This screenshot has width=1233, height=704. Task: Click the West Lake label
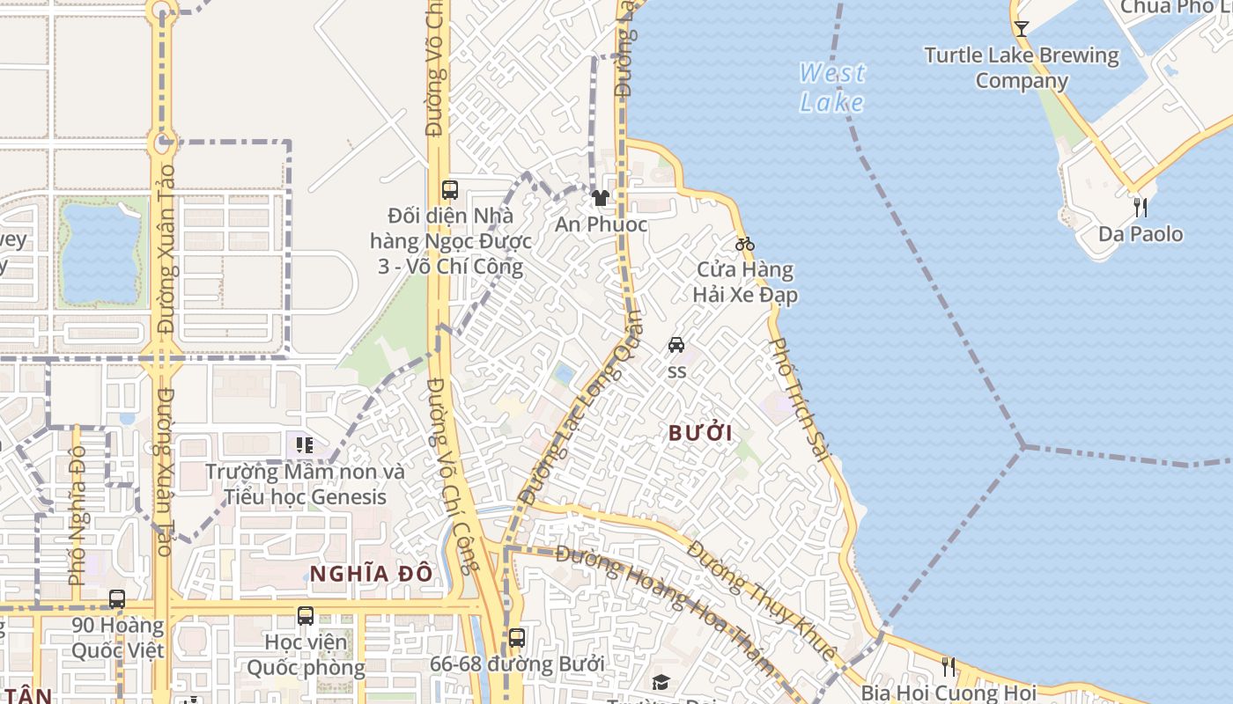pyautogui.click(x=832, y=87)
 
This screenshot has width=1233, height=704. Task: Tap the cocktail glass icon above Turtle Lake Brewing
pyautogui.click(x=1021, y=28)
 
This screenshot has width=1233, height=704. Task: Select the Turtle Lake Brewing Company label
pyautogui.click(x=1022, y=68)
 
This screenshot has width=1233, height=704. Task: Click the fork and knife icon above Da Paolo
pyautogui.click(x=1141, y=208)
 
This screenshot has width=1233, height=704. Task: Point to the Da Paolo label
pyautogui.click(x=1141, y=234)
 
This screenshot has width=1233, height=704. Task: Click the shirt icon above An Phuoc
pyautogui.click(x=601, y=198)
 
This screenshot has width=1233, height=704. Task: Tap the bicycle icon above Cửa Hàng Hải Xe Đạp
pyautogui.click(x=745, y=244)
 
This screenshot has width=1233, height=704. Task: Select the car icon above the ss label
pyautogui.click(x=676, y=345)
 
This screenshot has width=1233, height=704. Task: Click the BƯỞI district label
pyautogui.click(x=700, y=433)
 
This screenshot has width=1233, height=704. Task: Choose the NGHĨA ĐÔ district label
pyautogui.click(x=371, y=574)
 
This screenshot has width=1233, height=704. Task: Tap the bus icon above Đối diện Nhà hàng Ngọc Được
pyautogui.click(x=449, y=189)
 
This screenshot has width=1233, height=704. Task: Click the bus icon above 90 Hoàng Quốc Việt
pyautogui.click(x=117, y=599)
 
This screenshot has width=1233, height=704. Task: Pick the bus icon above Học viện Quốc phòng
pyautogui.click(x=306, y=616)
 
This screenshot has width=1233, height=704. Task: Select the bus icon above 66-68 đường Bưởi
pyautogui.click(x=517, y=638)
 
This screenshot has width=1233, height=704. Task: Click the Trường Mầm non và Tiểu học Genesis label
pyautogui.click(x=305, y=484)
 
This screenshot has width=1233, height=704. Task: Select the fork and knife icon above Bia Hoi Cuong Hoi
pyautogui.click(x=948, y=666)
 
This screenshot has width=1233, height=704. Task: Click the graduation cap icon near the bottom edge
pyautogui.click(x=661, y=682)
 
